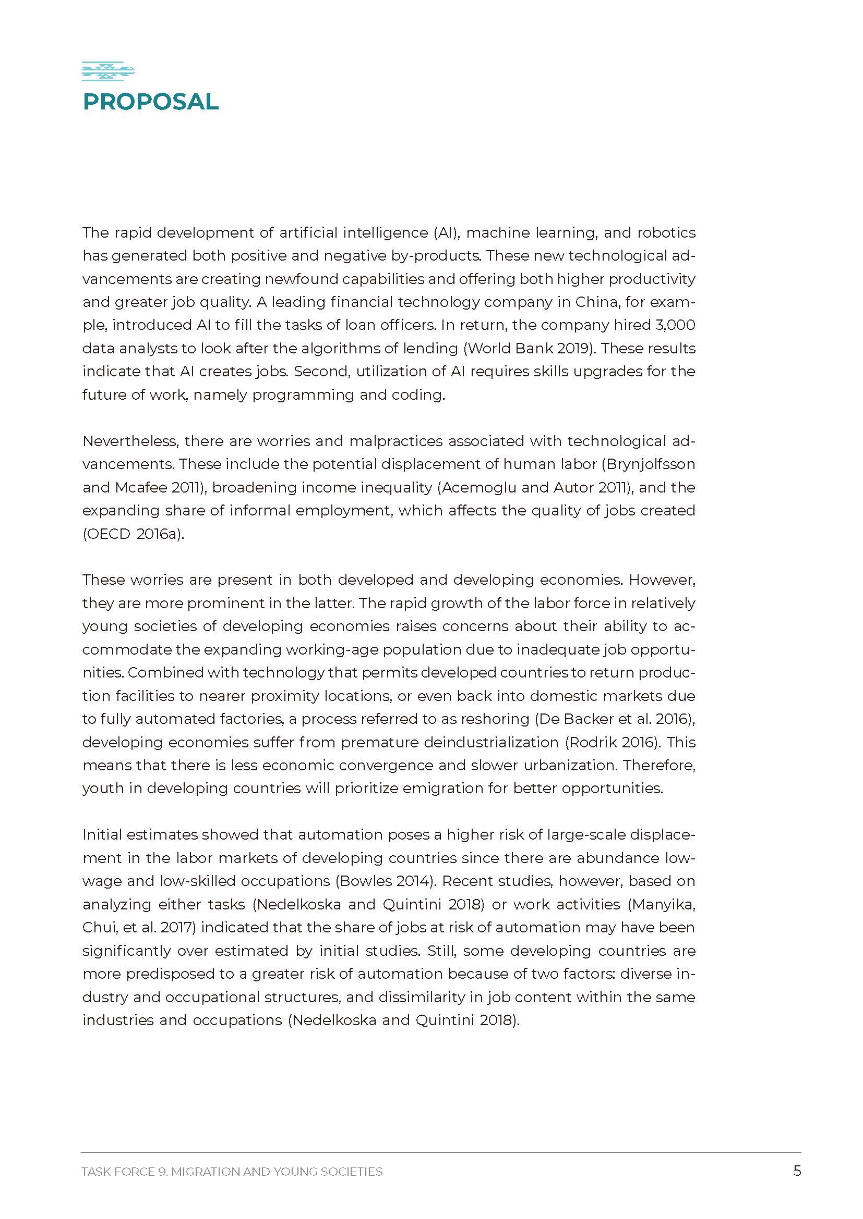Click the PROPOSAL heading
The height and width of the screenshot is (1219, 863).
pyautogui.click(x=150, y=102)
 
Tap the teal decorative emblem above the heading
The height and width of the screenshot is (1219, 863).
pyautogui.click(x=108, y=71)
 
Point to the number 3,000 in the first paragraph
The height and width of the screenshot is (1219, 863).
pyautogui.click(x=675, y=325)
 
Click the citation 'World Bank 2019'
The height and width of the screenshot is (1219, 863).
pyautogui.click(x=529, y=348)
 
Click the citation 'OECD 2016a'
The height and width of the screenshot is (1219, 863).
pyautogui.click(x=133, y=534)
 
